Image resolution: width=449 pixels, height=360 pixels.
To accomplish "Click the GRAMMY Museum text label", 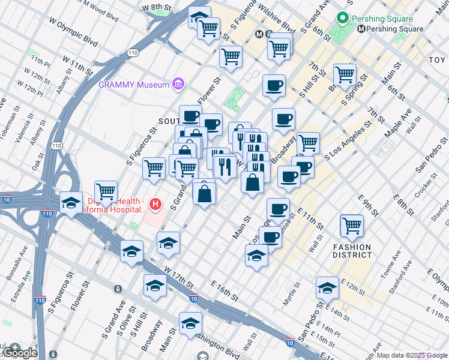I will coord(134,85).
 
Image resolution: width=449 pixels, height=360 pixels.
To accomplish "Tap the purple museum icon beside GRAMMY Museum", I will coord(178,85).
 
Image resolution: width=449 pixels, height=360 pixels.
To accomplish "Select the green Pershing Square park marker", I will coord(343,17).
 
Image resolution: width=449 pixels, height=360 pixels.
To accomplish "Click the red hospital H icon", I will coord(156,205).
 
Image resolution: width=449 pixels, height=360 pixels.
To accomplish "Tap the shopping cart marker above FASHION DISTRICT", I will coord(352,226).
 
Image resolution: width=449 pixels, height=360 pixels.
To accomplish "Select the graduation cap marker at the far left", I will coord(71,202).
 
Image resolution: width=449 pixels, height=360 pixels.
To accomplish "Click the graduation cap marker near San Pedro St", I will coord(328,288).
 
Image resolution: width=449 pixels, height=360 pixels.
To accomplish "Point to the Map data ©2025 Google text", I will coord(412,355).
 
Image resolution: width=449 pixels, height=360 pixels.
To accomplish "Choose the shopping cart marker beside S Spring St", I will coord(345,75).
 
